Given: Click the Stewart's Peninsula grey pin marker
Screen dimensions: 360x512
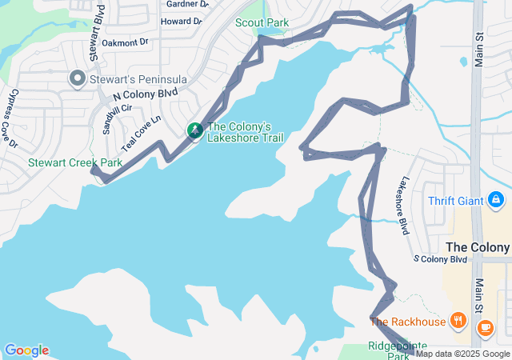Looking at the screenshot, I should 78,78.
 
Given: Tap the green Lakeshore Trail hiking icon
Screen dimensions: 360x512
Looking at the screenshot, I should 194,130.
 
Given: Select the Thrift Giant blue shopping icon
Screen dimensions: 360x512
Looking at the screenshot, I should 496,198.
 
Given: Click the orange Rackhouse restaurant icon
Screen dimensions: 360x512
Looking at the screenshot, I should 458,321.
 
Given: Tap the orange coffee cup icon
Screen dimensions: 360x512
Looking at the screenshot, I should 485,326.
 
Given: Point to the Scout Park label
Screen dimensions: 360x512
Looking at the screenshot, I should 262,22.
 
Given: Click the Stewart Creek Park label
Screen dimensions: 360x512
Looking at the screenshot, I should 75,162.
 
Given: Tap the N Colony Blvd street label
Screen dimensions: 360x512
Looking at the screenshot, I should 145,94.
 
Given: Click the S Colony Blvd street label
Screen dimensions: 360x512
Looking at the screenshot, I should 440,259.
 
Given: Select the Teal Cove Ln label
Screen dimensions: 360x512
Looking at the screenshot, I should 141,132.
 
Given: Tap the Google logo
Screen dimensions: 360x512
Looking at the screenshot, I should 26,350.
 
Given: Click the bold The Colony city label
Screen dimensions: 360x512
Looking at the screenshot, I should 478,247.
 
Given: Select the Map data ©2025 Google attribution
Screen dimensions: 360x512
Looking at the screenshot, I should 462,354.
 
